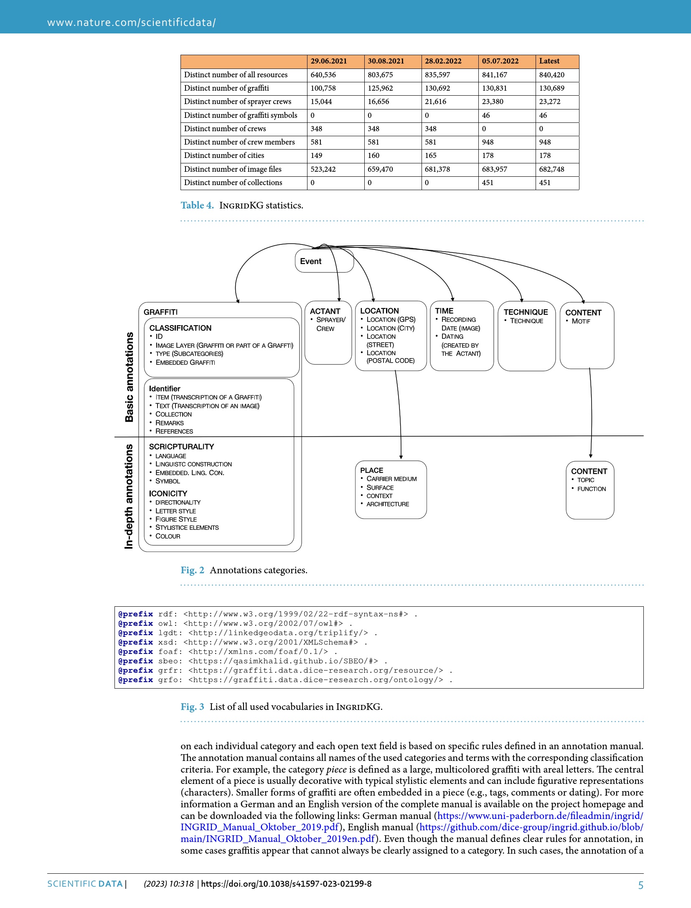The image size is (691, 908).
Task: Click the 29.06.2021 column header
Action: coord(328,61)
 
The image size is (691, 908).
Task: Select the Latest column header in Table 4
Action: coord(549,61)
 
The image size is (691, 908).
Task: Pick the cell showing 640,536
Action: coord(323,75)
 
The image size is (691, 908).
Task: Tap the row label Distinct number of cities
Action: coord(224,155)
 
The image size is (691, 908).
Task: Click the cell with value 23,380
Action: coord(493,102)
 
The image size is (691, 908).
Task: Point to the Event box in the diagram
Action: coord(311,261)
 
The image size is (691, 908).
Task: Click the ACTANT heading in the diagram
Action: coord(325,311)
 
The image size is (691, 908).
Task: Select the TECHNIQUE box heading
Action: coord(526,312)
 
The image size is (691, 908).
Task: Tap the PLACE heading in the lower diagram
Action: coord(371,470)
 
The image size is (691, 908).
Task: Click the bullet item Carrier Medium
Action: coord(391,479)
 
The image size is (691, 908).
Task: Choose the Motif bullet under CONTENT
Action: coord(581,321)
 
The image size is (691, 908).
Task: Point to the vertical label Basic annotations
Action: coord(130,376)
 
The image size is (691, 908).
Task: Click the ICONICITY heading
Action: coord(168,493)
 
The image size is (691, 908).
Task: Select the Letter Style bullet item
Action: coord(175,511)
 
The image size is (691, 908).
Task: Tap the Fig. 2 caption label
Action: coord(192,570)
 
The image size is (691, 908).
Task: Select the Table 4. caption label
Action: coord(197,205)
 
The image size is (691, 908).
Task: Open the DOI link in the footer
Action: coord(286,884)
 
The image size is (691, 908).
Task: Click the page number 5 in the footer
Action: coord(640,885)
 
